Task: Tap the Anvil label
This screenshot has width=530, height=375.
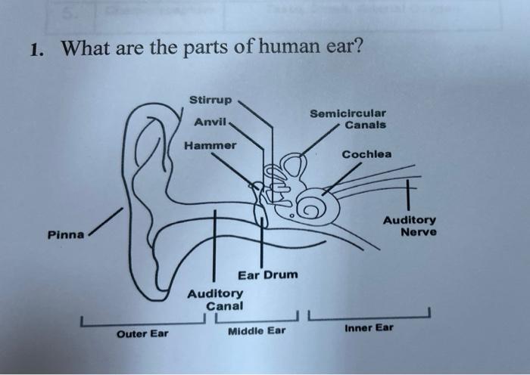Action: [x=209, y=122]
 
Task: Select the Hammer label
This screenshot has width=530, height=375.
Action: [x=210, y=144]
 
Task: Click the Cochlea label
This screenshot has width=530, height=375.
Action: [x=366, y=154]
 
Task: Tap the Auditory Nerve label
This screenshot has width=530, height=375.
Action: [x=409, y=226]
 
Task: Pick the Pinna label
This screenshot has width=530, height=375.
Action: [x=66, y=234]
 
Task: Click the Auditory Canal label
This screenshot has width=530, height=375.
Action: [x=216, y=299]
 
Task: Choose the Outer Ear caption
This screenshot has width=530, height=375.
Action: [x=142, y=334]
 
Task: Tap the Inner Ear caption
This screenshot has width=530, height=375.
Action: [x=369, y=329]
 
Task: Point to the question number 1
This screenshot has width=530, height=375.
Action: [x=35, y=51]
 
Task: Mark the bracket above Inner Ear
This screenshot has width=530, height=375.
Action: [x=370, y=315]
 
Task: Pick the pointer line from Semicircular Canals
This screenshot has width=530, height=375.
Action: [x=318, y=140]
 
